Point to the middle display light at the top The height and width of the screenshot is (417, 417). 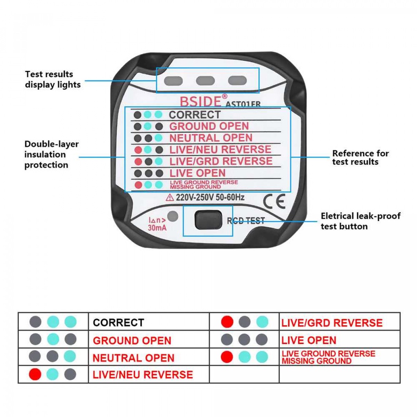click(x=205, y=81)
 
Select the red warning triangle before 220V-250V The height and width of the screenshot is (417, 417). click(x=170, y=198)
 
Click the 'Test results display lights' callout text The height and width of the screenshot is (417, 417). click(x=53, y=79)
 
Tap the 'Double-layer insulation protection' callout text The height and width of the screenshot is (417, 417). click(x=51, y=154)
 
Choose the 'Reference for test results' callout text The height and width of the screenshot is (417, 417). click(x=360, y=158)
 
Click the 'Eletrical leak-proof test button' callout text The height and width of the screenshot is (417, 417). click(x=360, y=221)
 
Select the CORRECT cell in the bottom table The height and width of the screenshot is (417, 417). click(x=119, y=323)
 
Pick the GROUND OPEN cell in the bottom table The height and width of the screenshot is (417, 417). click(x=132, y=340)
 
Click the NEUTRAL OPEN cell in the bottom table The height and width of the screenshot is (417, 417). click(x=134, y=358)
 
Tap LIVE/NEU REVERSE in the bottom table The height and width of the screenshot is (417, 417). click(x=143, y=375)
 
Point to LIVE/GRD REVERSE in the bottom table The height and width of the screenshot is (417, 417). click(x=332, y=323)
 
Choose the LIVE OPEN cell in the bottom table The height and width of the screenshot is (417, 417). click(x=309, y=340)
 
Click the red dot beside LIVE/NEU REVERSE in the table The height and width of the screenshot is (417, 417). click(x=35, y=374)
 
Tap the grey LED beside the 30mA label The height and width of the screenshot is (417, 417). click(x=173, y=216)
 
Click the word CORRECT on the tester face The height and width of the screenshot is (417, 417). click(x=195, y=115)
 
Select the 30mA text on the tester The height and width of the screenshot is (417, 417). click(x=157, y=228)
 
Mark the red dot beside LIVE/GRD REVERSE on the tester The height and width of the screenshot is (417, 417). click(x=138, y=161)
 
